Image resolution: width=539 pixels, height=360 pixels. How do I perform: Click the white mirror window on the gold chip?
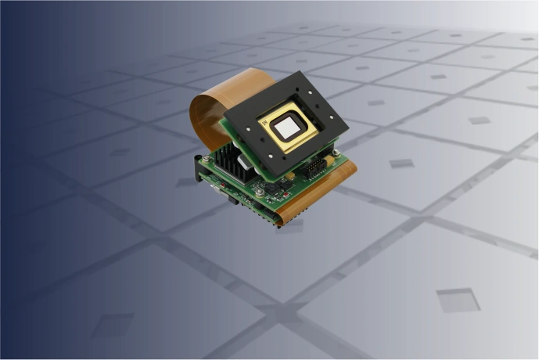pyautogui.click(x=289, y=125)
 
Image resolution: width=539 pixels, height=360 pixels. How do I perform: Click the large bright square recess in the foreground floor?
pyautogui.click(x=458, y=301)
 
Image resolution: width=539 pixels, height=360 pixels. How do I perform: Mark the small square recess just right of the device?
pyautogui.click(x=401, y=164)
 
